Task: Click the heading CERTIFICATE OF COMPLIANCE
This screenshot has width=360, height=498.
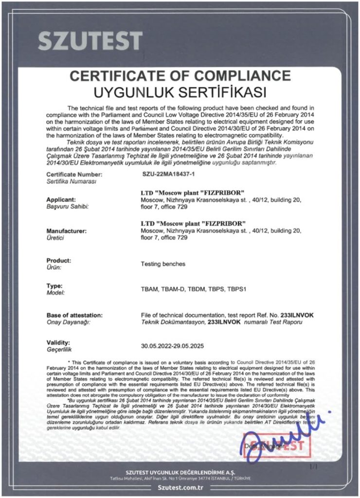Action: (x=180, y=76)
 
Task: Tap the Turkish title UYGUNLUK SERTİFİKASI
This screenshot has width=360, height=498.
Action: (x=180, y=91)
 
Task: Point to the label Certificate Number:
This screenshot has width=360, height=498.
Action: (x=74, y=174)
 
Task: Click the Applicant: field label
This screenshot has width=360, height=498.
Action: (x=61, y=199)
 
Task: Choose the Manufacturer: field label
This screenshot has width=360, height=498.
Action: (x=67, y=230)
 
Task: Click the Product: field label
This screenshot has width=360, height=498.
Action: (x=58, y=260)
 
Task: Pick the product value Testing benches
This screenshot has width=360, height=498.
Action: (x=163, y=264)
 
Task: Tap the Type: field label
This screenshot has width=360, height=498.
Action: (x=54, y=285)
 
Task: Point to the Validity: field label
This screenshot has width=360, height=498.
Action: (x=58, y=342)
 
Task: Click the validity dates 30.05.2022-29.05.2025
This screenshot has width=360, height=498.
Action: (x=173, y=346)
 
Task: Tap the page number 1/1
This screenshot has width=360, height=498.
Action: (x=314, y=467)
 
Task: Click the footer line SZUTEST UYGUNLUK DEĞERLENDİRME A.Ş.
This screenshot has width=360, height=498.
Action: (x=180, y=472)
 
